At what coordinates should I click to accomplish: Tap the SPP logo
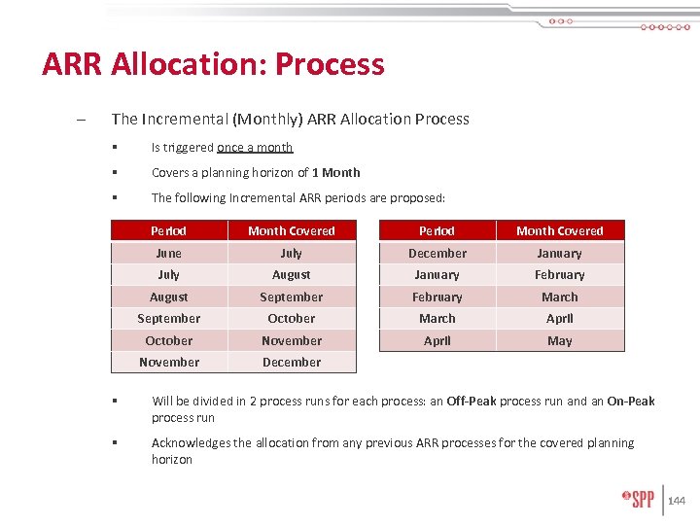[638, 500]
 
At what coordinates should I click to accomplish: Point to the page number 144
[677, 501]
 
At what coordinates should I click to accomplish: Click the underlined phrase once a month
[255, 148]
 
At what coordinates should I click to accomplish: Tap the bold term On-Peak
[631, 402]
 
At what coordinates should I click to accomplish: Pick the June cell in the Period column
[168, 253]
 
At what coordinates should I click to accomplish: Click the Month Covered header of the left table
[291, 231]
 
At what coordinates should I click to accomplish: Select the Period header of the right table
[437, 231]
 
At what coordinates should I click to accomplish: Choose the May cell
[559, 341]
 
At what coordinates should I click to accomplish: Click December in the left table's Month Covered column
[291, 363]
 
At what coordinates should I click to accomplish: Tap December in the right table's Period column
[437, 253]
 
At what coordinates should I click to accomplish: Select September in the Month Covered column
[291, 297]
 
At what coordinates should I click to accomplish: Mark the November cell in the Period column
[168, 363]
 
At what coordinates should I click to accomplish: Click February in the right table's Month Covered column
[559, 275]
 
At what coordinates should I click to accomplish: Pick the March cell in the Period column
[437, 319]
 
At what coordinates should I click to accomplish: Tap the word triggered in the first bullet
[189, 148]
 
